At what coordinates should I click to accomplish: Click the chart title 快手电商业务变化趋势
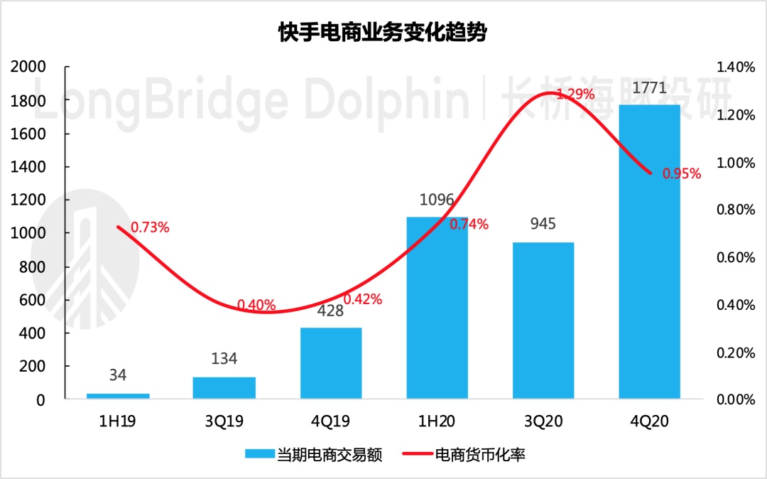click(383, 33)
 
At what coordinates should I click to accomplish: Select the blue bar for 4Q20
click(650, 252)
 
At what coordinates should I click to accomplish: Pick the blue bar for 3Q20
click(543, 321)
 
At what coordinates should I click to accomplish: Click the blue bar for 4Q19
click(331, 363)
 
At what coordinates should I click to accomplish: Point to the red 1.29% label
click(575, 94)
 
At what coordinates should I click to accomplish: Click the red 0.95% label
click(682, 173)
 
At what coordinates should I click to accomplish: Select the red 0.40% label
click(256, 305)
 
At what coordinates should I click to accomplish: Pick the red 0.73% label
click(150, 227)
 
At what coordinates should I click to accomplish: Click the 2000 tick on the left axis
click(29, 67)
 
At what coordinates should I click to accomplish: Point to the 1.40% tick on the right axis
click(735, 67)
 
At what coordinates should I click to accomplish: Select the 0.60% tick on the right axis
click(735, 257)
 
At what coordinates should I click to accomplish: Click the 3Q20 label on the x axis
click(543, 421)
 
